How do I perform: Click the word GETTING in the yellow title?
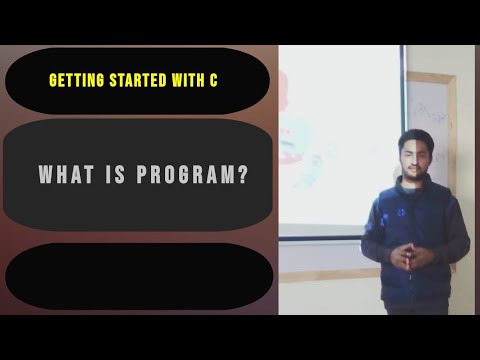77,78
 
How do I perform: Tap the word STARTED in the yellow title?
134,78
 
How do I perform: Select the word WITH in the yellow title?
183,78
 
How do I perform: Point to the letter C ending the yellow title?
213,78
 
